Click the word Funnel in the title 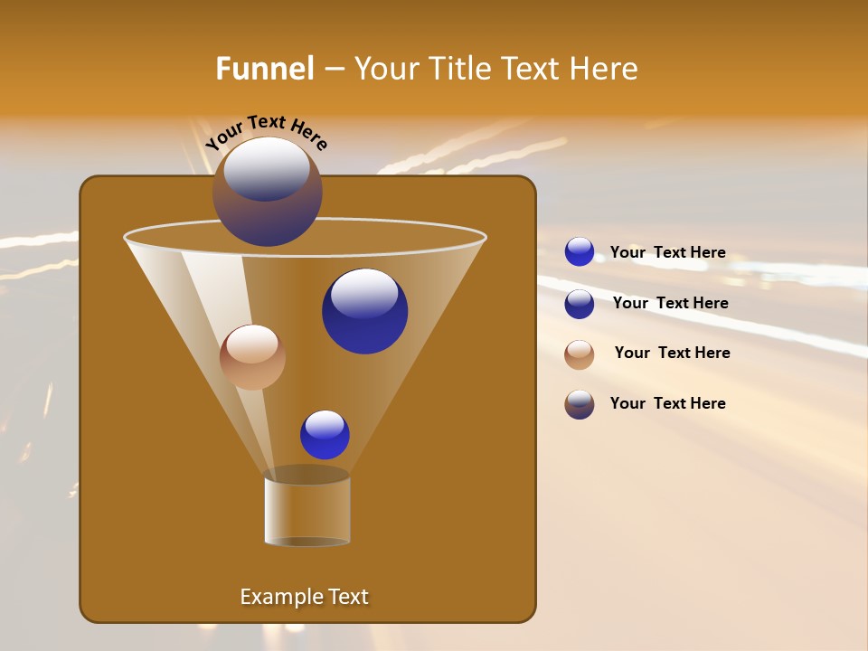pos(265,69)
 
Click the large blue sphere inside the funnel pos(364,311)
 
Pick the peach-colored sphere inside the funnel pos(252,356)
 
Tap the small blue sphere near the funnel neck pos(325,435)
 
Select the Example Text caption pos(304,597)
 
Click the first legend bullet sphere pos(580,252)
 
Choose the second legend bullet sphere pos(580,304)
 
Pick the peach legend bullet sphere pos(580,354)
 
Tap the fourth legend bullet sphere pos(580,404)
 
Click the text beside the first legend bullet pos(667,253)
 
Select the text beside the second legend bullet pos(670,304)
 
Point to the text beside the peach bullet pos(672,354)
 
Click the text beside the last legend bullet pos(667,404)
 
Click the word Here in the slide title pos(604,69)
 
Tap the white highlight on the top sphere pos(267,167)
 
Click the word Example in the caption pos(275,597)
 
